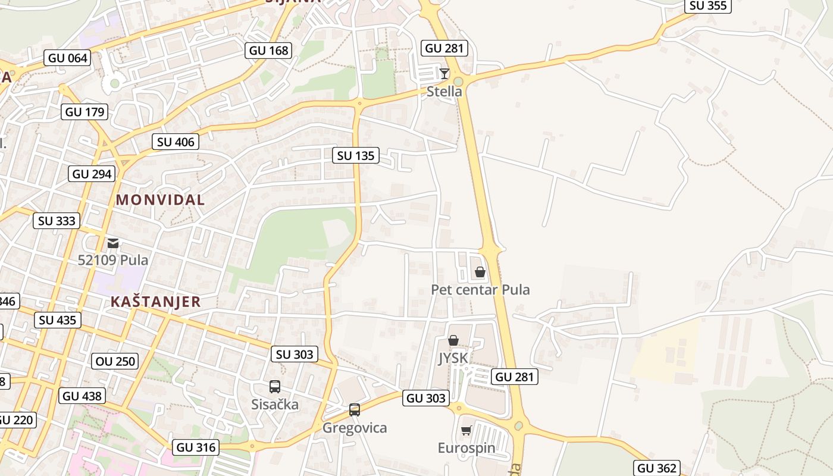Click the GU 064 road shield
[x=68, y=58]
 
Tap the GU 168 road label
[x=269, y=51]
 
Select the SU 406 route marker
[x=174, y=142]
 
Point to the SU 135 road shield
[x=355, y=156]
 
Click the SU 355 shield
[x=708, y=6]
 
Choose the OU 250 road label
[x=115, y=361]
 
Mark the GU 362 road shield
[x=657, y=468]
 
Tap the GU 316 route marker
[x=196, y=447]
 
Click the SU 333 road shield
[x=57, y=221]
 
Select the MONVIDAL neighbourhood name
[x=160, y=200]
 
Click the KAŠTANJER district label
[x=156, y=302]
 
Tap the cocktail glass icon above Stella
[x=444, y=73]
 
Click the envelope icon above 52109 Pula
[x=113, y=243]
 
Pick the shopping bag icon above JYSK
[x=453, y=340]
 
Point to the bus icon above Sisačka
[x=274, y=387]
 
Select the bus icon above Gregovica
[x=355, y=409]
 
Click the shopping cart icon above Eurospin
[x=466, y=430]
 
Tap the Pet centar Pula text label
[x=480, y=290]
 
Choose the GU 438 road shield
[x=82, y=396]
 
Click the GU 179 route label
[x=85, y=112]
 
